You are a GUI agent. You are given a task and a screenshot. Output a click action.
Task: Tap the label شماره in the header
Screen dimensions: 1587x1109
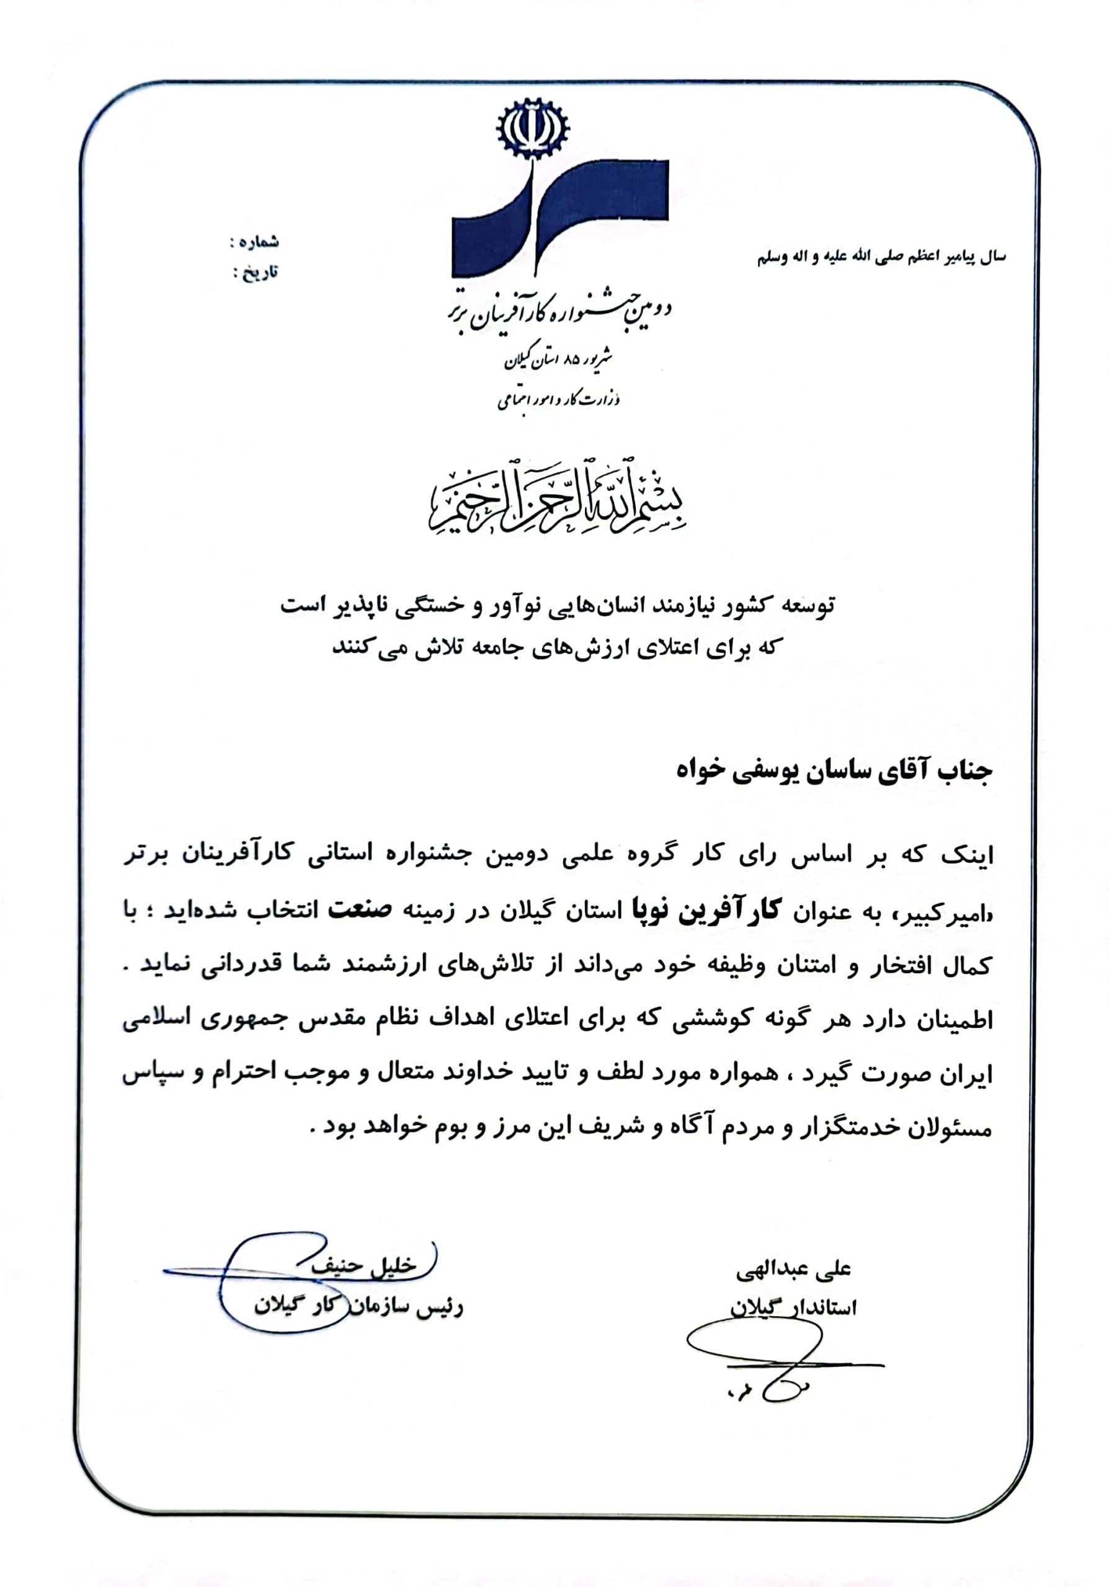tap(257, 242)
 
